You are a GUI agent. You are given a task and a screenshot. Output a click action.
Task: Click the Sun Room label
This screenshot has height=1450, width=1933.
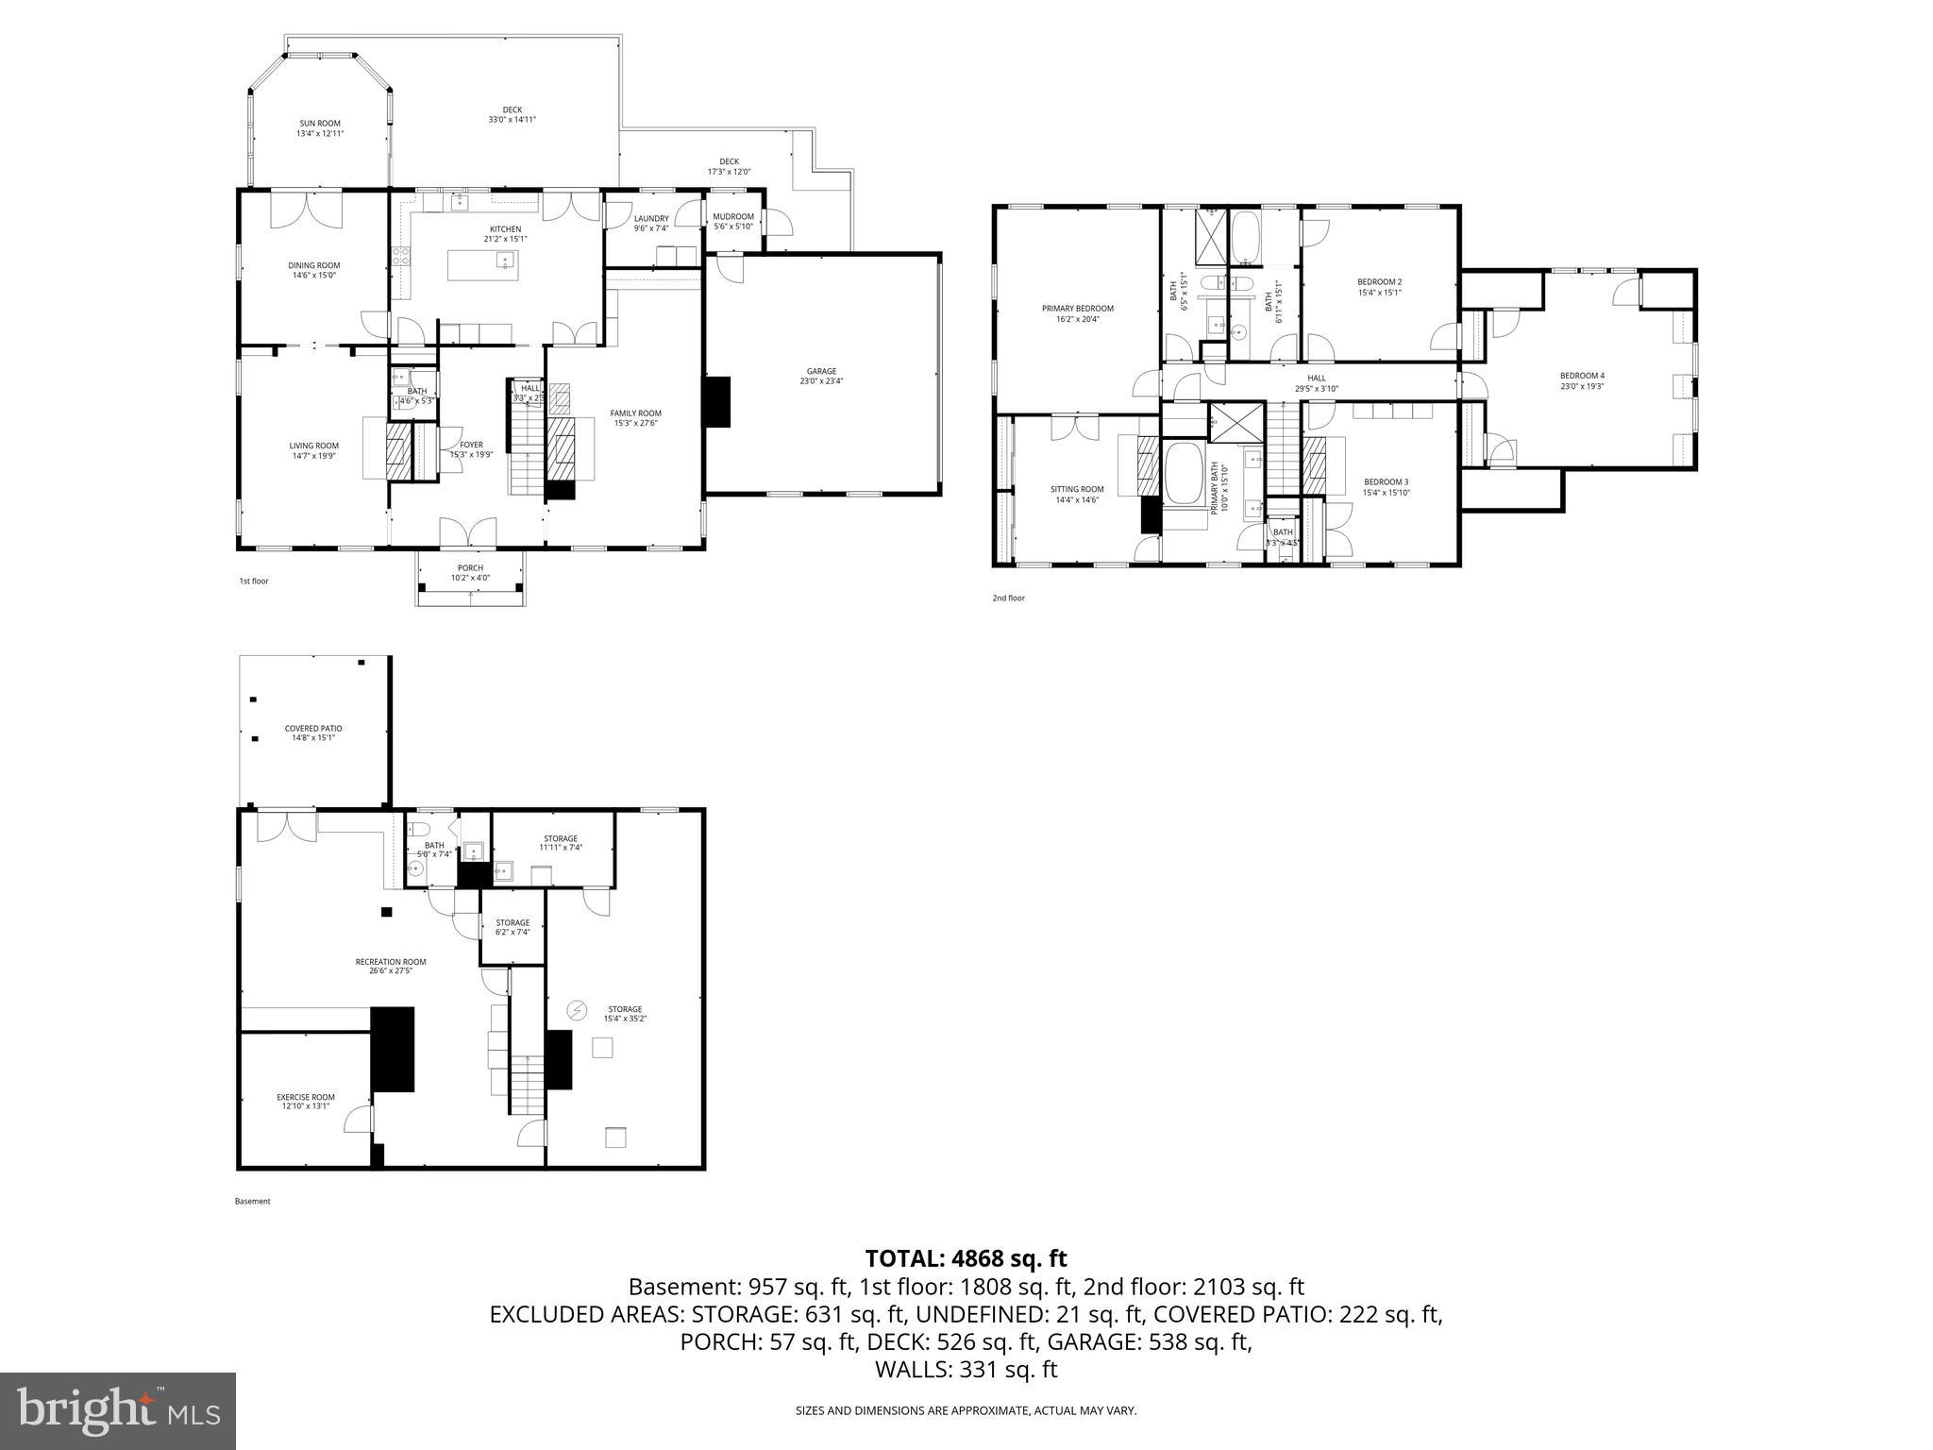pos(320,128)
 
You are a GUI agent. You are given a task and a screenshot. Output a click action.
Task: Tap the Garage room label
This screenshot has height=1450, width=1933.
pos(821,376)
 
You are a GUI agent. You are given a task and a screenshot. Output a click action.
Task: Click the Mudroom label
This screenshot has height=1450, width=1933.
pos(733,221)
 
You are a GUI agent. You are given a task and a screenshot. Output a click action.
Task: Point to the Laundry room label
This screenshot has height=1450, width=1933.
pos(651,223)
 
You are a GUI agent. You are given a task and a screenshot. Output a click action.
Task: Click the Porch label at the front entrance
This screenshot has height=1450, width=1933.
pos(470,572)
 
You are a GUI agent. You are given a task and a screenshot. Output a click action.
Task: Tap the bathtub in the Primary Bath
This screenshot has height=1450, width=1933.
pos(1185,471)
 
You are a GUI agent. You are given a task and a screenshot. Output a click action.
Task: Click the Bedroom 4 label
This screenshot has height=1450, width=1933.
pos(1582,380)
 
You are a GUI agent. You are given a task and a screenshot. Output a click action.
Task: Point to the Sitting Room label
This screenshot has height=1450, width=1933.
pos(1077,494)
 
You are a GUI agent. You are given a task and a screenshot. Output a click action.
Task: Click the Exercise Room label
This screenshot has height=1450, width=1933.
pos(305,1101)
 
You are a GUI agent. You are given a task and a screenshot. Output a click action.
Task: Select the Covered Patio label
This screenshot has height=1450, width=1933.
pos(313,733)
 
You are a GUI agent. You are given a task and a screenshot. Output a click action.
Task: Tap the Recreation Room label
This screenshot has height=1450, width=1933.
pos(390,966)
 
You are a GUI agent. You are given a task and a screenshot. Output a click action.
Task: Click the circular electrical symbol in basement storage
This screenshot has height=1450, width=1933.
pos(576,1011)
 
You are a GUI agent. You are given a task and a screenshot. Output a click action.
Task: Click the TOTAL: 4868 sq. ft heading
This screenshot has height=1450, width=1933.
pos(966,1258)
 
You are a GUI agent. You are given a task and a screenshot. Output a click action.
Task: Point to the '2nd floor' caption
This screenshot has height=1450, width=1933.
pos(1008,598)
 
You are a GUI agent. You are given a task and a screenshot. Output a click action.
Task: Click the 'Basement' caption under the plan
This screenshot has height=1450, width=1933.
pos(252,1201)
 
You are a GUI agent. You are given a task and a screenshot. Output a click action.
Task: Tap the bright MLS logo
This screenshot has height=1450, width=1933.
pos(118,1410)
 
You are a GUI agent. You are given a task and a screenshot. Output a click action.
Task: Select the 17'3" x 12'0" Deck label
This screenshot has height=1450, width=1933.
pos(729,166)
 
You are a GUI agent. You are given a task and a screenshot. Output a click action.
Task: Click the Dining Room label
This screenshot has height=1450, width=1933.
pos(313,270)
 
